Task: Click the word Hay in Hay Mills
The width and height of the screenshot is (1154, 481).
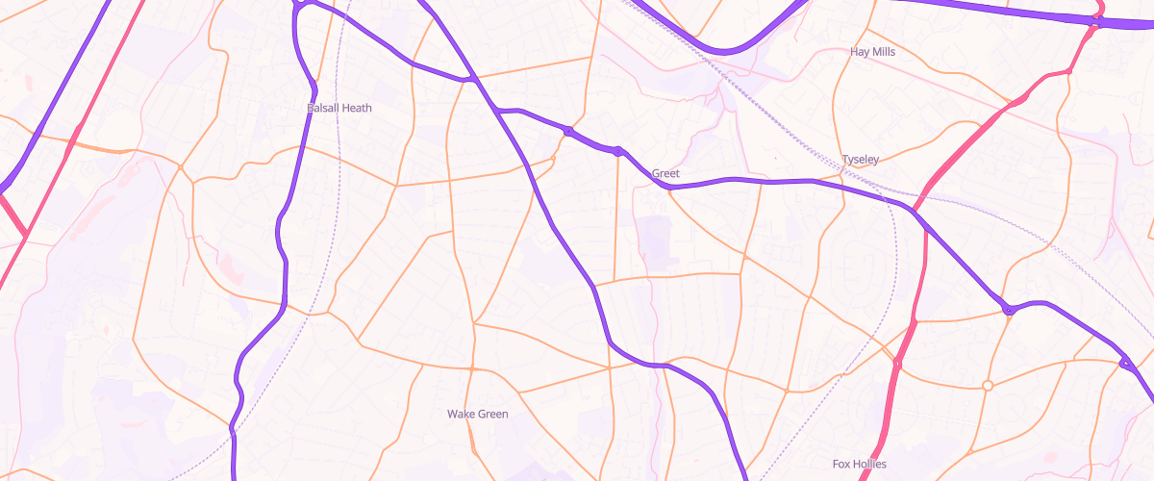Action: coord(861,51)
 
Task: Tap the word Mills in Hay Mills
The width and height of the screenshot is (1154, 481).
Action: coord(884,51)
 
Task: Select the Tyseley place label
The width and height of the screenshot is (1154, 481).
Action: coord(860,159)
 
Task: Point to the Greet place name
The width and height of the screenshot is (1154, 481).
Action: coord(665,174)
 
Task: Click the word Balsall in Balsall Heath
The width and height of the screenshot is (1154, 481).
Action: coord(324,108)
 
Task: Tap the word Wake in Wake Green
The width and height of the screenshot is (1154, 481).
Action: coord(462,414)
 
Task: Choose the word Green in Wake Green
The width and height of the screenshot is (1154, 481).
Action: coord(493,414)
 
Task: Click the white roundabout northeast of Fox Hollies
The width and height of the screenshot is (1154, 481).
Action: coord(987,386)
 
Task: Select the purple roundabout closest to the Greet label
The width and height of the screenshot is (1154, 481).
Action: coord(617,151)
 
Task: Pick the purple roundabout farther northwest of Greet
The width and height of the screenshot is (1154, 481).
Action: coord(569,131)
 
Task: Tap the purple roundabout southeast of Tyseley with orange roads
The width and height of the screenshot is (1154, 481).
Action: coord(1008,310)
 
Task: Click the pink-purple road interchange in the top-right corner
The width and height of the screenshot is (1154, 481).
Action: coord(1097,18)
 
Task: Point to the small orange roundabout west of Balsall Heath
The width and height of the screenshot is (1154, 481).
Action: coord(180,167)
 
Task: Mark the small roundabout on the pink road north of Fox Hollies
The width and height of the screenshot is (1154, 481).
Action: coord(896,365)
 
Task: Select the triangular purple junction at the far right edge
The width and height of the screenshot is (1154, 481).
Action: coord(1125,363)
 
